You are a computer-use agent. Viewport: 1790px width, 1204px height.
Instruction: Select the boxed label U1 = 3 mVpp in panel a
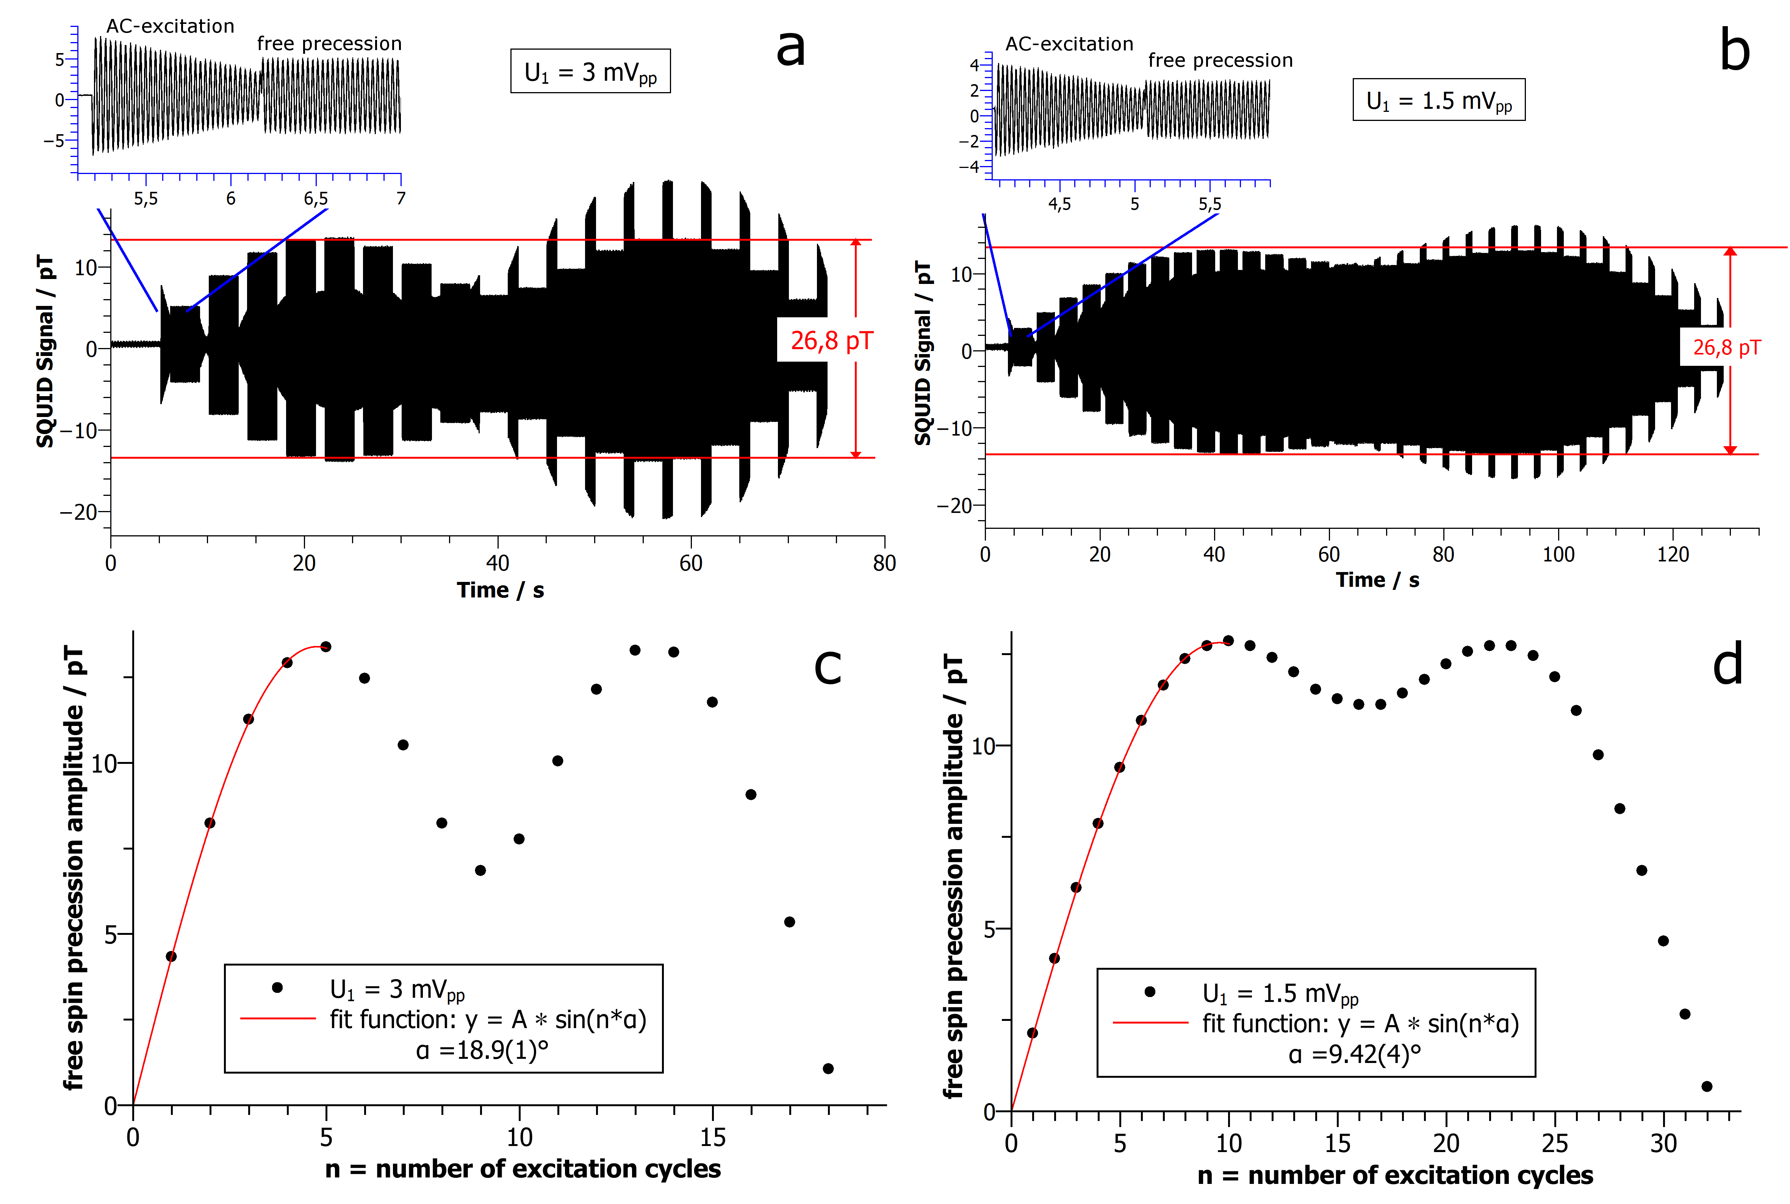(x=590, y=71)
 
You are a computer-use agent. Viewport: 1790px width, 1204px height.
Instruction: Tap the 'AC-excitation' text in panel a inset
(x=170, y=26)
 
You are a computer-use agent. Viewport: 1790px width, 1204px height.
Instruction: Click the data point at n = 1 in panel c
(x=171, y=956)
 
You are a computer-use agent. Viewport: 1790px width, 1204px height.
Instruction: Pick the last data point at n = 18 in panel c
(x=828, y=1068)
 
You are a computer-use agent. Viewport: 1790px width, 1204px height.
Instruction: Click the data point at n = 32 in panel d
(x=1706, y=1086)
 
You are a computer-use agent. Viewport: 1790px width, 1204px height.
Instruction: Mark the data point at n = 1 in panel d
(x=1033, y=1033)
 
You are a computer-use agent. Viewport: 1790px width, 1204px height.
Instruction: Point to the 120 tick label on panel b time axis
(x=1673, y=554)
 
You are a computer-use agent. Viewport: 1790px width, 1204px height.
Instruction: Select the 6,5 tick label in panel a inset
(x=316, y=199)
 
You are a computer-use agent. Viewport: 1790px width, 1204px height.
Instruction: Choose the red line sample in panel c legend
(x=278, y=1018)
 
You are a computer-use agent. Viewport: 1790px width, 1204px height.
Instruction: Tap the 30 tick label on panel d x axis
(x=1663, y=1143)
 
